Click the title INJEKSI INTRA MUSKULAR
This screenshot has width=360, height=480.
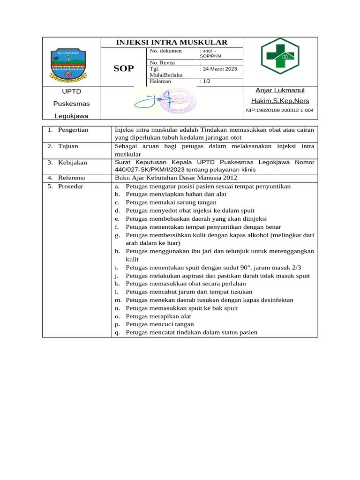click(x=172, y=43)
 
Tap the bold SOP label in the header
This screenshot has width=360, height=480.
click(x=124, y=68)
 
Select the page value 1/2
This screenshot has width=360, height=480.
click(x=205, y=81)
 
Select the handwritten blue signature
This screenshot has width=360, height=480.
click(x=150, y=100)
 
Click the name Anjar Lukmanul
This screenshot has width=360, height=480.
click(x=280, y=90)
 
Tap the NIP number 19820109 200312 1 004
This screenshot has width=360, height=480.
click(x=280, y=111)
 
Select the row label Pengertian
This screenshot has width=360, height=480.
click(x=73, y=129)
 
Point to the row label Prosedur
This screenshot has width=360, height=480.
click(x=70, y=186)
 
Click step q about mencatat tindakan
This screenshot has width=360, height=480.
click(x=192, y=333)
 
